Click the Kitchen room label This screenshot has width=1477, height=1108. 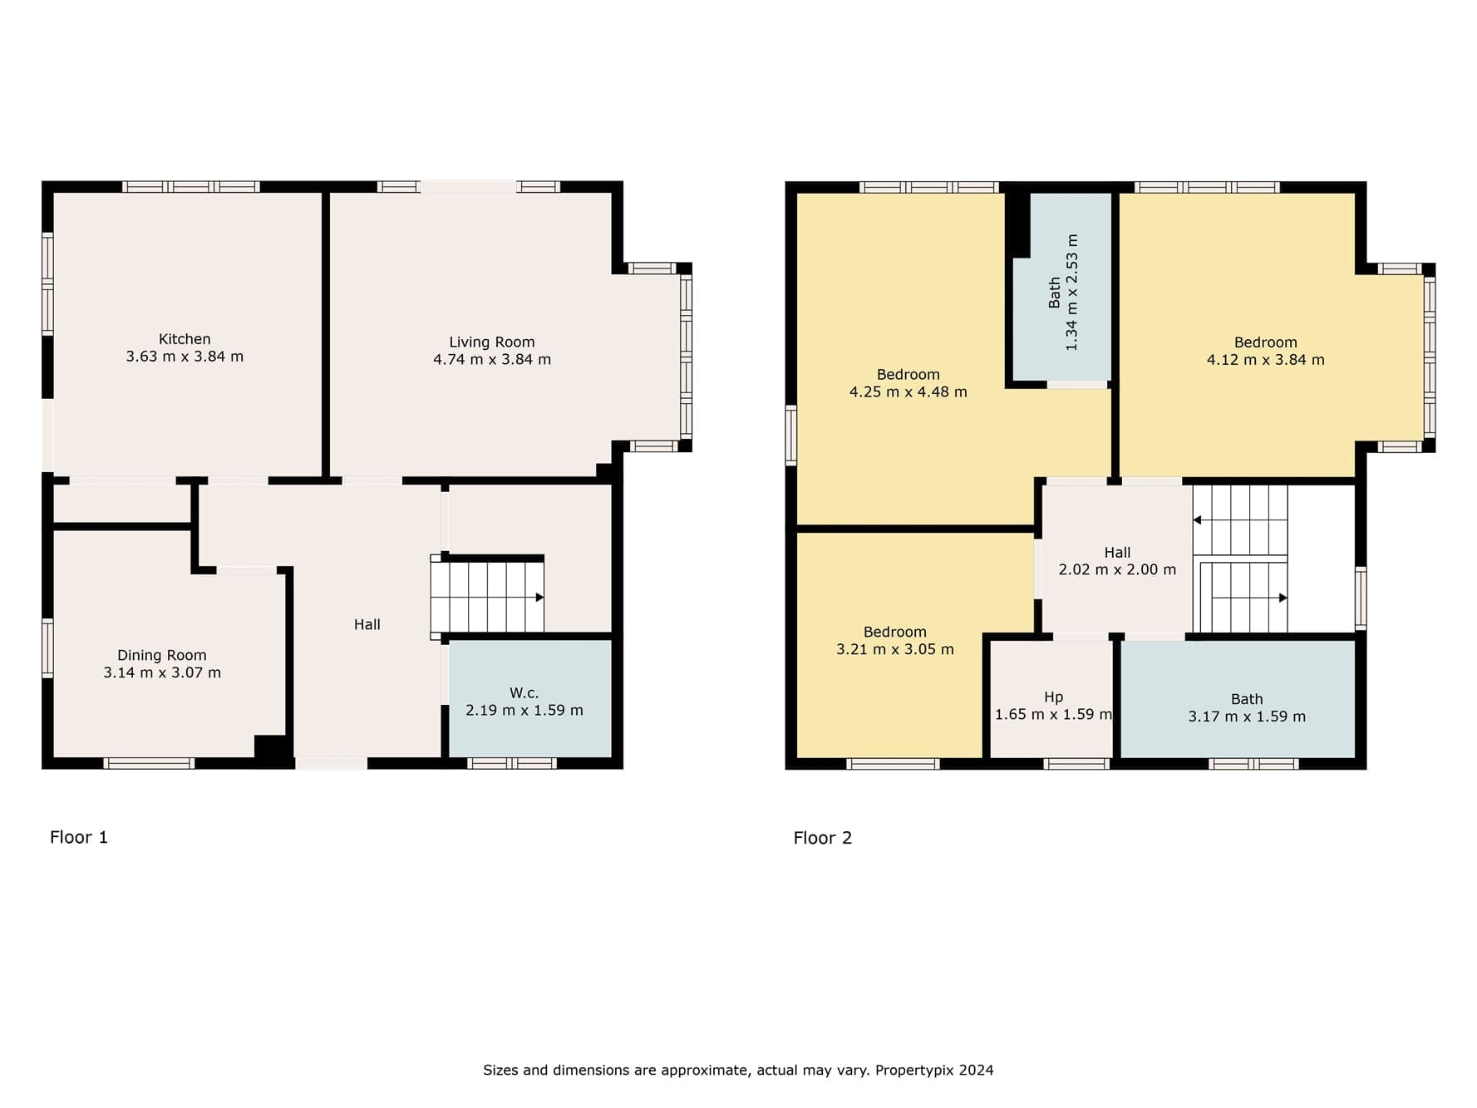coord(185,339)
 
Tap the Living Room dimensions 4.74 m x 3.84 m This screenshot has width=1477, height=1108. coord(492,360)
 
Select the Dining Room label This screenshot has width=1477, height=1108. coord(162,656)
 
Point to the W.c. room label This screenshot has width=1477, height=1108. coord(524,693)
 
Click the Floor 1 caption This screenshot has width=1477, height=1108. coord(79,837)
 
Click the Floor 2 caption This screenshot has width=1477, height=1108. coord(823,838)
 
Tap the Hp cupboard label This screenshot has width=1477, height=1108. coord(1054,697)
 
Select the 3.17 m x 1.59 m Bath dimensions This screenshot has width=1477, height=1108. coord(1247,717)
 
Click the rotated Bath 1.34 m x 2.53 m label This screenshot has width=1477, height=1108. coord(1063,292)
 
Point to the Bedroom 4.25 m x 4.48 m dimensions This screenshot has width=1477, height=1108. coord(908,392)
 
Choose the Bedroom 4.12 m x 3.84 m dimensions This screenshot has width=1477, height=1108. coord(1266,360)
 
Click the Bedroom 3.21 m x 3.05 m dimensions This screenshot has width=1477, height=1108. coord(895,650)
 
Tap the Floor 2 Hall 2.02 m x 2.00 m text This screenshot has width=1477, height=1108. coord(1118,562)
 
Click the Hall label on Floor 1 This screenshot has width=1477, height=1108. coord(367,625)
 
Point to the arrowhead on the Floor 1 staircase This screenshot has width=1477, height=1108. coord(539,598)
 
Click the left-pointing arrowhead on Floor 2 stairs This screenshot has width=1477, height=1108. coord(1197,520)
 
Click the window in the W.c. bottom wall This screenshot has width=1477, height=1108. coord(512,764)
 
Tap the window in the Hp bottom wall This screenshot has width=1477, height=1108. coord(1076,764)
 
